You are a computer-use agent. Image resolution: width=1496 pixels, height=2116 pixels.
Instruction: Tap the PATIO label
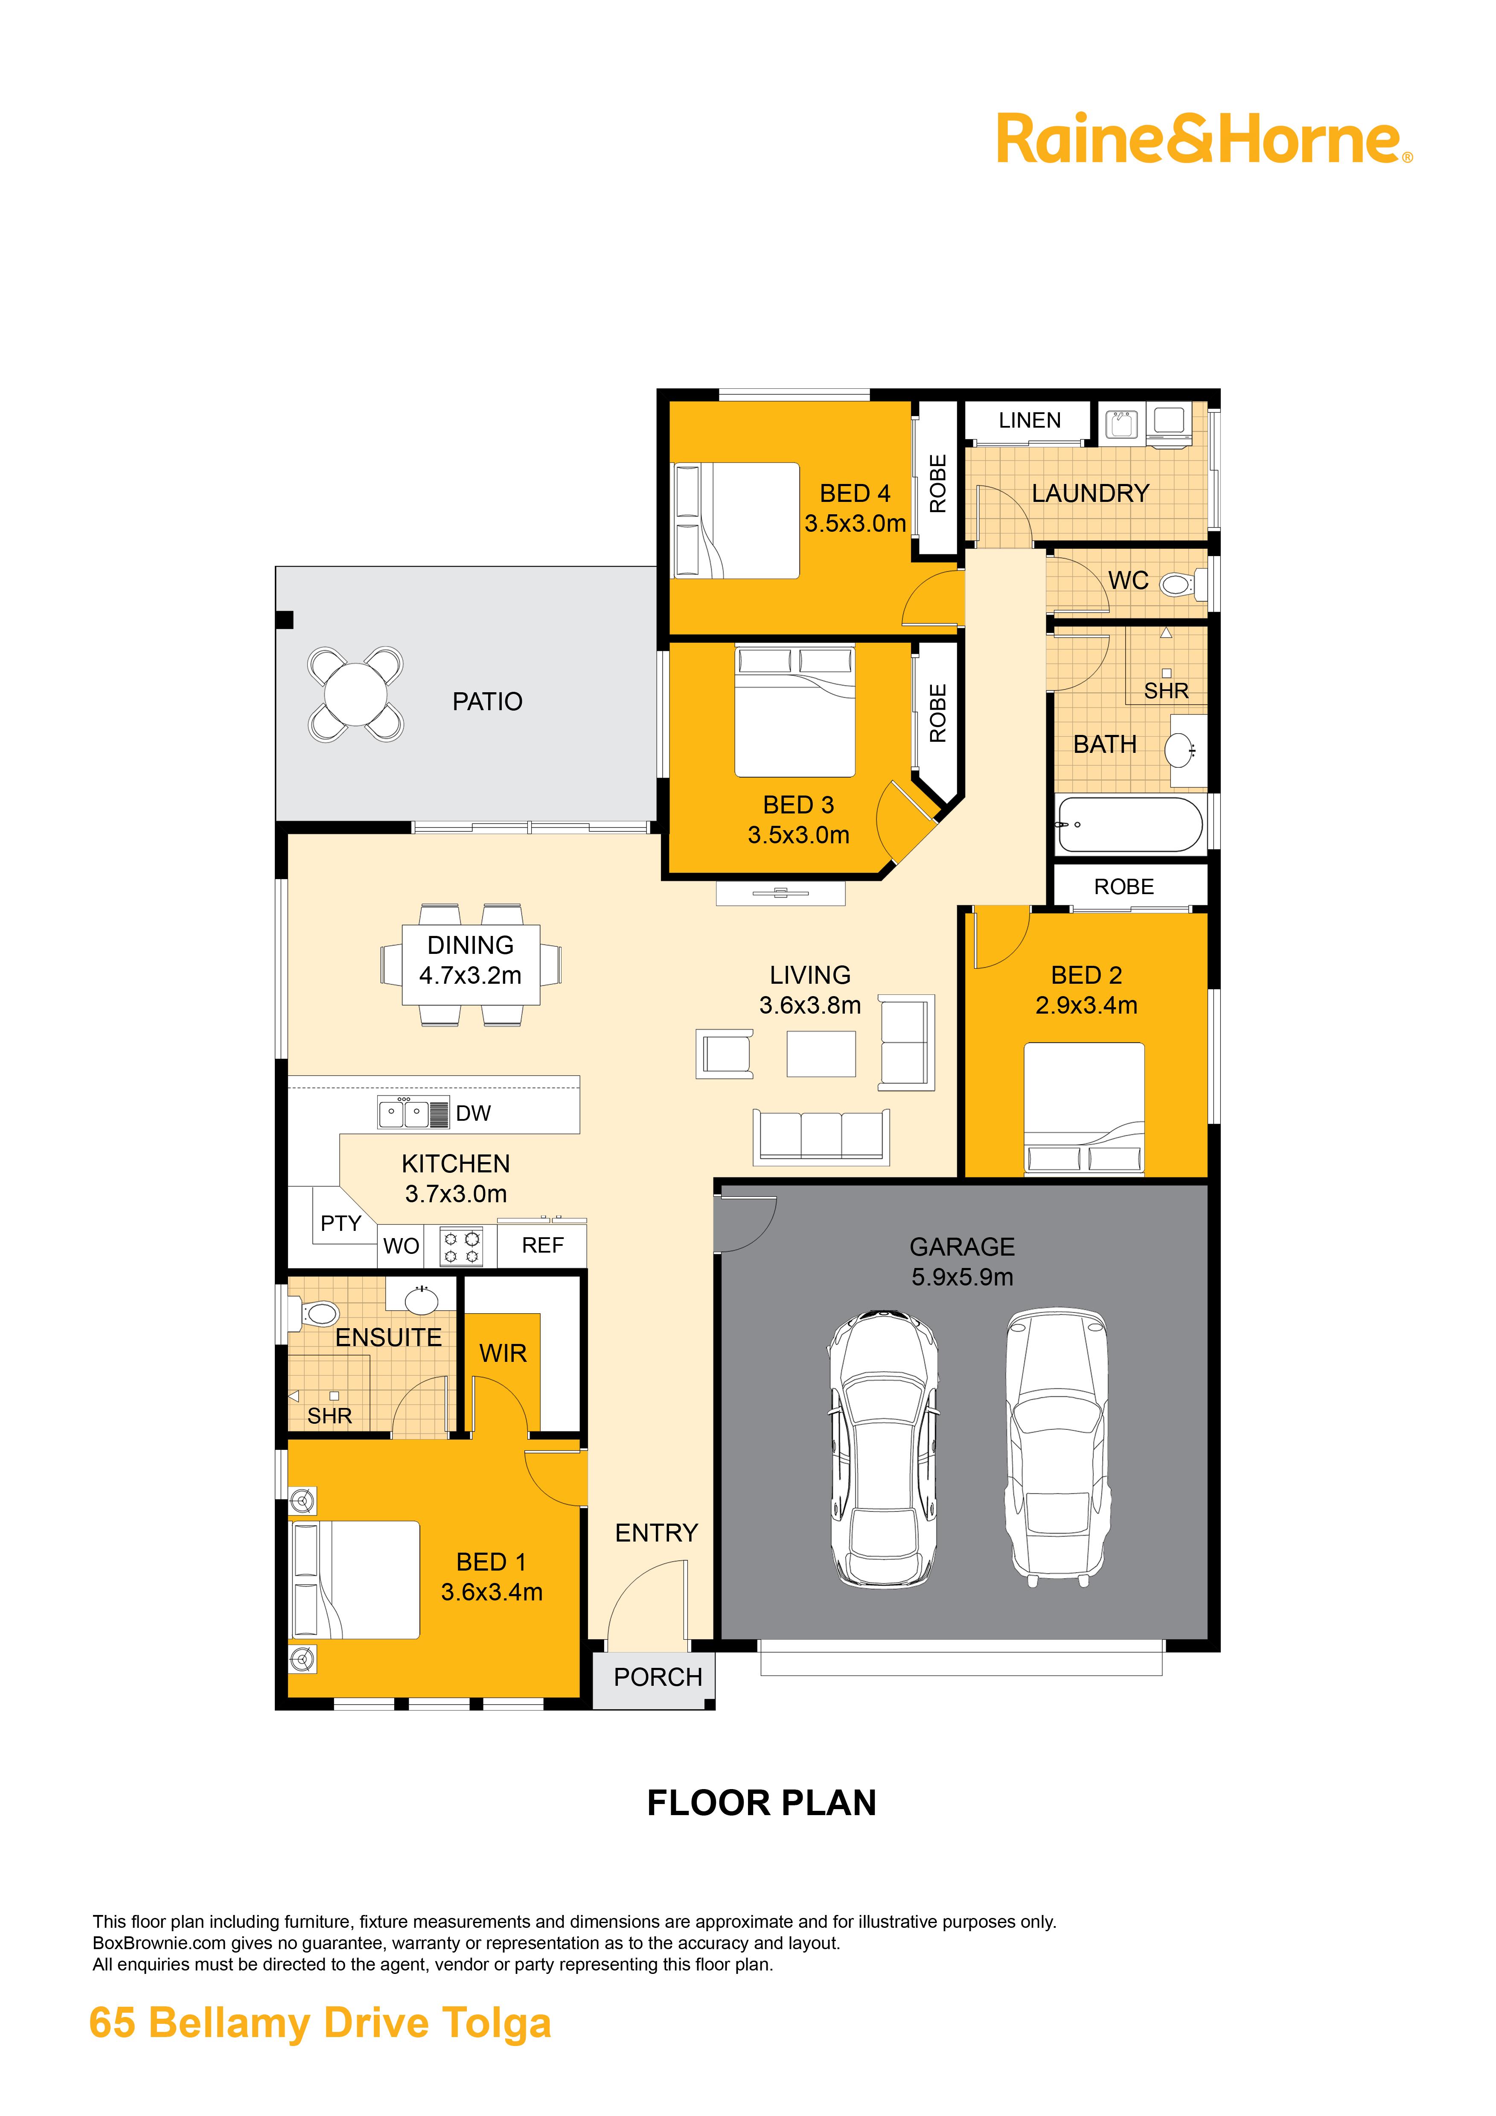[487, 702]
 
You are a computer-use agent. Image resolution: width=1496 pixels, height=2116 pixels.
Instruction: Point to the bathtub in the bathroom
[1130, 824]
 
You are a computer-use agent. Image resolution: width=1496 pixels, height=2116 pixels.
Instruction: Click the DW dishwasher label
[474, 1113]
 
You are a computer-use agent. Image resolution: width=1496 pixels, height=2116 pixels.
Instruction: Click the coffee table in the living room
[821, 1053]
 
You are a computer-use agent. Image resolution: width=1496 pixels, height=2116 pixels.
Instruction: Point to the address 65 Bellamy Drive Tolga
[320, 2024]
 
